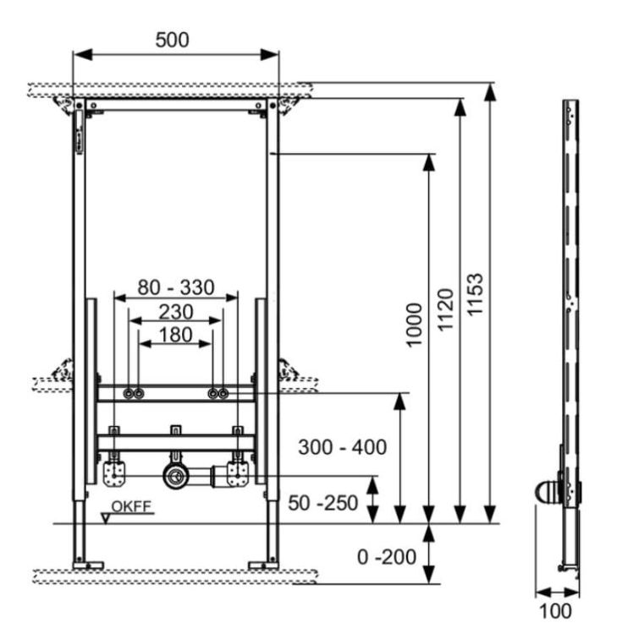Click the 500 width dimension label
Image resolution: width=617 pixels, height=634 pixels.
coord(172,40)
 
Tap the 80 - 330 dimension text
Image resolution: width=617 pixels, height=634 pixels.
coord(176,287)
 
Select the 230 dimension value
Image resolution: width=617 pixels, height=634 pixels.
coord(176,312)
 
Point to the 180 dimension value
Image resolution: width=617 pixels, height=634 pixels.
coord(175,335)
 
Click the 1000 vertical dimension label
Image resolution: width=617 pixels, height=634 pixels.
coord(414,325)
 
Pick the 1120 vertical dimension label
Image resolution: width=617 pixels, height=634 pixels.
coord(445,309)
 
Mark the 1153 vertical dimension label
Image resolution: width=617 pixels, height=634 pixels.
coord(475,294)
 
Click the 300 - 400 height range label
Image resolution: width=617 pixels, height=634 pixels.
coord(342,447)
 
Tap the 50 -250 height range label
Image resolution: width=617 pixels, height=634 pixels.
coord(322,503)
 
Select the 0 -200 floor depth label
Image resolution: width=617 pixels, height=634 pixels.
coord(387,557)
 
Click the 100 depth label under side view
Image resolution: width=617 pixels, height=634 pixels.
coord(555,610)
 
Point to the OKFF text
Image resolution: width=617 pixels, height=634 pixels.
coord(131,506)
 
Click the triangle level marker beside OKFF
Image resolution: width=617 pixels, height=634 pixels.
coord(106,518)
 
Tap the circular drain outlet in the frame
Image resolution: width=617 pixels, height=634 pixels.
coord(174,476)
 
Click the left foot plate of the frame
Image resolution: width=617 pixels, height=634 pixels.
coord(88,565)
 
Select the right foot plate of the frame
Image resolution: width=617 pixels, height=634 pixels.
coord(263,565)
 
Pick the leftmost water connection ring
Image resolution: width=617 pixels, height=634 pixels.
coord(129,393)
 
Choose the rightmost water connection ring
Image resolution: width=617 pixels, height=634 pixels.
coord(223,393)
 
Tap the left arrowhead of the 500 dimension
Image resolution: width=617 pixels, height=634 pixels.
coord(83,55)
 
